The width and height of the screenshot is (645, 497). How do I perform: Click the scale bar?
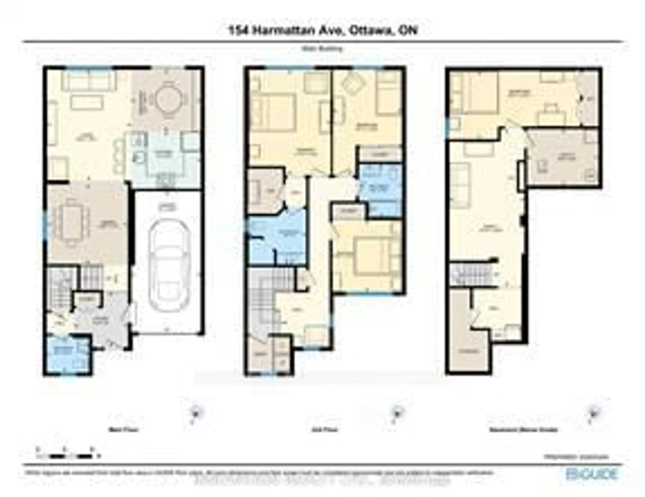[68, 456]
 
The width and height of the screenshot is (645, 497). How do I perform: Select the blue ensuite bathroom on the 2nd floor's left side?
[276, 236]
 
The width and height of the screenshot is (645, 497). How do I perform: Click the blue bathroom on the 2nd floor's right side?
[381, 189]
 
